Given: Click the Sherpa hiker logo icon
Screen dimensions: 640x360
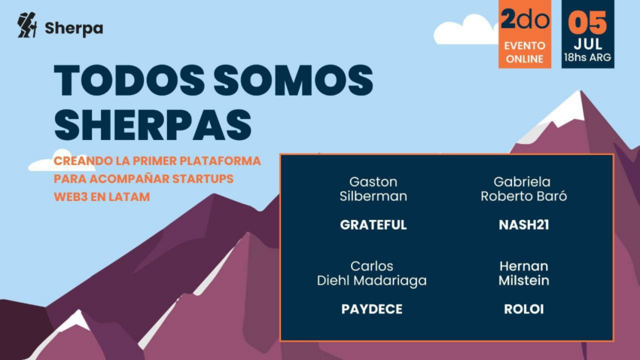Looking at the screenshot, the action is point(27,25).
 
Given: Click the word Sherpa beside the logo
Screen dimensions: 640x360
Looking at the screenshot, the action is point(74,29).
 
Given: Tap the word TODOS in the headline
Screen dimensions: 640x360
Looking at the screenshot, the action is point(129,81).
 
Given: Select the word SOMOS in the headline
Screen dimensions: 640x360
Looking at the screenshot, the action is point(294,81).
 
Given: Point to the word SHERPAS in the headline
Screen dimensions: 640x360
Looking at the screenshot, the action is point(153,125).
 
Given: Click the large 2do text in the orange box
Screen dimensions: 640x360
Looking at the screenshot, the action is point(525,19).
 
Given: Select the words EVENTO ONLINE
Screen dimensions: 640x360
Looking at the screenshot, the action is point(525,52).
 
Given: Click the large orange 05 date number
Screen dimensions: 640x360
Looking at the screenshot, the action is point(588,23).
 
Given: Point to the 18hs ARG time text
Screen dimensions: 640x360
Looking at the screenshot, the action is point(588,57).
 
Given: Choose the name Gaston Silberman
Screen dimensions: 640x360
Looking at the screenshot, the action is point(373,189).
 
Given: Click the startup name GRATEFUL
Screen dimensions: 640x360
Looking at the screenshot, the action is point(373,225).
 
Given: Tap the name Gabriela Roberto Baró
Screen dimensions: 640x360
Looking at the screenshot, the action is point(524,189).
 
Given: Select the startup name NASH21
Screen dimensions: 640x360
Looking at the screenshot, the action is point(524,225).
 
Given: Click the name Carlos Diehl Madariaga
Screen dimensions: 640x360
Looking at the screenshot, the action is point(372,273).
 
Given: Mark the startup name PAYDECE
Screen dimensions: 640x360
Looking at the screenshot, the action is point(372,310).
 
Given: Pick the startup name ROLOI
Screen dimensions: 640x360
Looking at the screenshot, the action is point(524,310).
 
